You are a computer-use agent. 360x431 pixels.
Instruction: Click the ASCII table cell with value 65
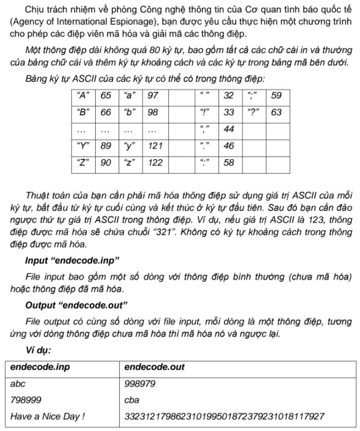[106, 95]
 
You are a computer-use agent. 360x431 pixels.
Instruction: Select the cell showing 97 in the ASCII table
[153, 95]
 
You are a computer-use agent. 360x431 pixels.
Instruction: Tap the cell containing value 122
[155, 163]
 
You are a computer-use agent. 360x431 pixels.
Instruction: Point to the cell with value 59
[277, 95]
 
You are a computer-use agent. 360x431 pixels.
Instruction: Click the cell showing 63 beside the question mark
[277, 112]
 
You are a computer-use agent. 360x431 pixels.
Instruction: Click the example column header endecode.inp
[35, 367]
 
